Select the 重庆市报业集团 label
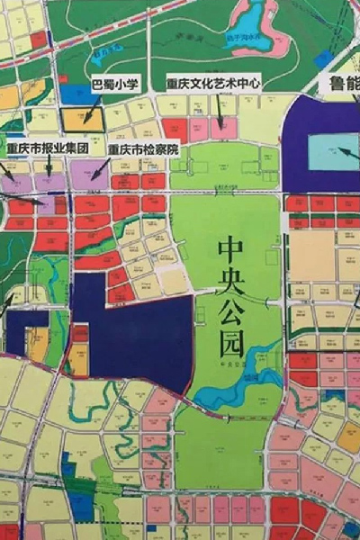(x=47, y=147)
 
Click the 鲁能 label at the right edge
(x=341, y=84)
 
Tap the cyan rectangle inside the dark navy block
(x=333, y=151)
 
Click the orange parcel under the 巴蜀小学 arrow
(x=82, y=117)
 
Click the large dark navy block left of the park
(x=135, y=328)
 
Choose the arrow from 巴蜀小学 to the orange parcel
(x=94, y=102)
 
